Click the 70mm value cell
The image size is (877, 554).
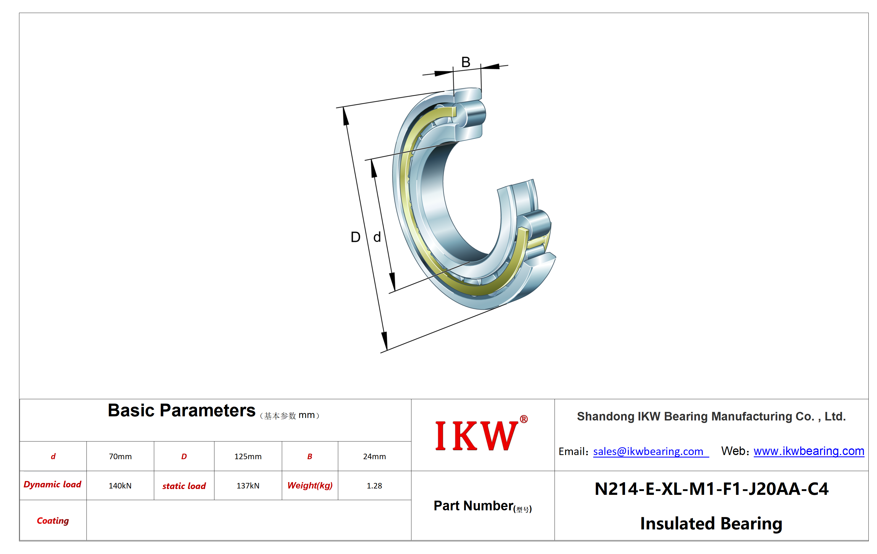[120, 456]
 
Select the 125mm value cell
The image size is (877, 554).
[248, 456]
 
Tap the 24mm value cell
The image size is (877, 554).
[374, 456]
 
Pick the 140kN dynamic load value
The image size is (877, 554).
[120, 485]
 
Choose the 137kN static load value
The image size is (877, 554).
[248, 485]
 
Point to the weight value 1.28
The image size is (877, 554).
[374, 485]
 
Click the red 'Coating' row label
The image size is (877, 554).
[53, 521]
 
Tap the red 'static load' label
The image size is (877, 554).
[184, 486]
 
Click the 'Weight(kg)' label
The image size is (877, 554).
[310, 485]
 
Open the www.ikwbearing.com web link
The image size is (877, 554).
[809, 451]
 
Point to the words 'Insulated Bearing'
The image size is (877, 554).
[711, 523]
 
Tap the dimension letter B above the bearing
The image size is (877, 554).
[466, 62]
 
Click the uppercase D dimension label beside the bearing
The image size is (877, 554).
[355, 237]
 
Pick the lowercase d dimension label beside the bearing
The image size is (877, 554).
[377, 237]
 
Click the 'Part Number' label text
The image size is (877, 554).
[474, 506]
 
